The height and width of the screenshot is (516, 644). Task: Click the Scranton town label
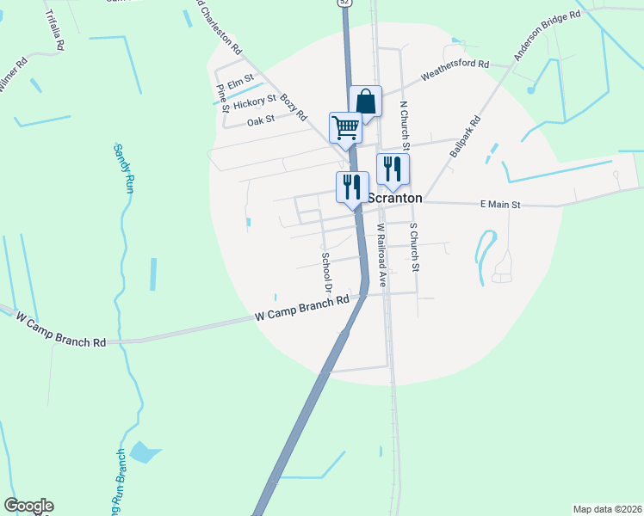click(x=395, y=198)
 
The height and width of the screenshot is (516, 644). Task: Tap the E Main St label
click(x=500, y=205)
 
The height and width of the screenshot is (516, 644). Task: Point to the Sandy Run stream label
click(x=123, y=169)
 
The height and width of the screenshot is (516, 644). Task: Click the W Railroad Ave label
click(x=381, y=255)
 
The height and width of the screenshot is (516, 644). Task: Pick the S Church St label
click(x=414, y=248)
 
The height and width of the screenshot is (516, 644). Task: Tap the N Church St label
click(x=404, y=125)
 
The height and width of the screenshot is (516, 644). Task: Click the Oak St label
click(x=260, y=121)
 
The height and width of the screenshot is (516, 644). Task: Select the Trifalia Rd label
click(x=53, y=30)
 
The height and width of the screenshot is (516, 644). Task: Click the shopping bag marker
click(x=365, y=101)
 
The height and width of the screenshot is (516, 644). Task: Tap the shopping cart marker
click(x=345, y=127)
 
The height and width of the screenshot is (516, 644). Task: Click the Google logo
click(x=28, y=506)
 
